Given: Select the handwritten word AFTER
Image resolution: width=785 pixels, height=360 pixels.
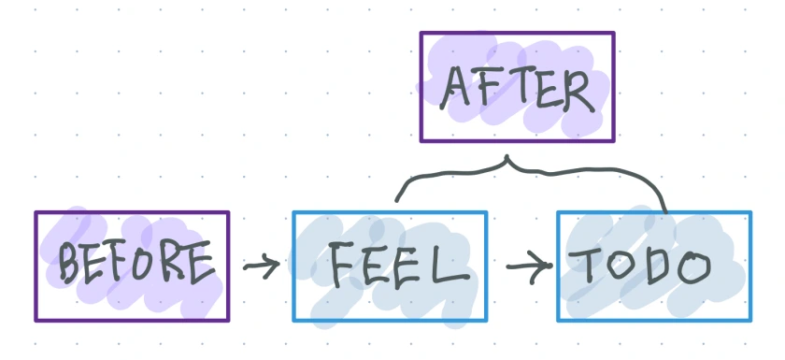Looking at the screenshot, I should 517,90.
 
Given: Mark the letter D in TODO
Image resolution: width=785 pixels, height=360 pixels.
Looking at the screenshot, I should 658,266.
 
